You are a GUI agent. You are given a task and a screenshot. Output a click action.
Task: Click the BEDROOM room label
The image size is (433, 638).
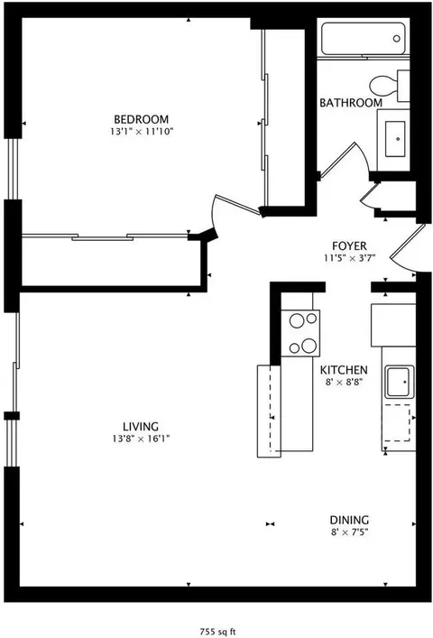coord(141,119)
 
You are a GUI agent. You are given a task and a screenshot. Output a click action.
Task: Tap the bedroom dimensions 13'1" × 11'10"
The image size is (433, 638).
coord(141,132)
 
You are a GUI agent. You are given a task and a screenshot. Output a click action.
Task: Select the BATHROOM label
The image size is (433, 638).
coord(351,103)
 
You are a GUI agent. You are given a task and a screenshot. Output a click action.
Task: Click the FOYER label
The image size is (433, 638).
coord(348,245)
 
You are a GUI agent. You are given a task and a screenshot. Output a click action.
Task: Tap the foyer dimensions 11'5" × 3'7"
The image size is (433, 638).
coord(348,258)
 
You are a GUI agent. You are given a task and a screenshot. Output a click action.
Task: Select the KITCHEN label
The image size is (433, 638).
coord(344,370)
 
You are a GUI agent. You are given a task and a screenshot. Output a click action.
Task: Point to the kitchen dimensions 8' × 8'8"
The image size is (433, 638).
coord(344,383)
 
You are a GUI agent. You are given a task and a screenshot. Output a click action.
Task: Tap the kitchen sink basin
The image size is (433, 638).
coord(396,383)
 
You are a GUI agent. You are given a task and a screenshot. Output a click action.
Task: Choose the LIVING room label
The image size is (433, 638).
coord(142,427)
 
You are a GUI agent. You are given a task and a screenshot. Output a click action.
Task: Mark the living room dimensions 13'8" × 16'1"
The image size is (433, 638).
coord(142,439)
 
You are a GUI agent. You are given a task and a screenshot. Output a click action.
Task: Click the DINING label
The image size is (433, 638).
coord(348,520)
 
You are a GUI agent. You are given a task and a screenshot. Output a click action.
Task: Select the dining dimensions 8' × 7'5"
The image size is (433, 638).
coord(348,532)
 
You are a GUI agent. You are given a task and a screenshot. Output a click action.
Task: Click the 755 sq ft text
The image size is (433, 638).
coord(217,631)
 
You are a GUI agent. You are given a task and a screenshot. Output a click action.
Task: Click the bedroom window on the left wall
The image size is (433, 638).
coord(12,168)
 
